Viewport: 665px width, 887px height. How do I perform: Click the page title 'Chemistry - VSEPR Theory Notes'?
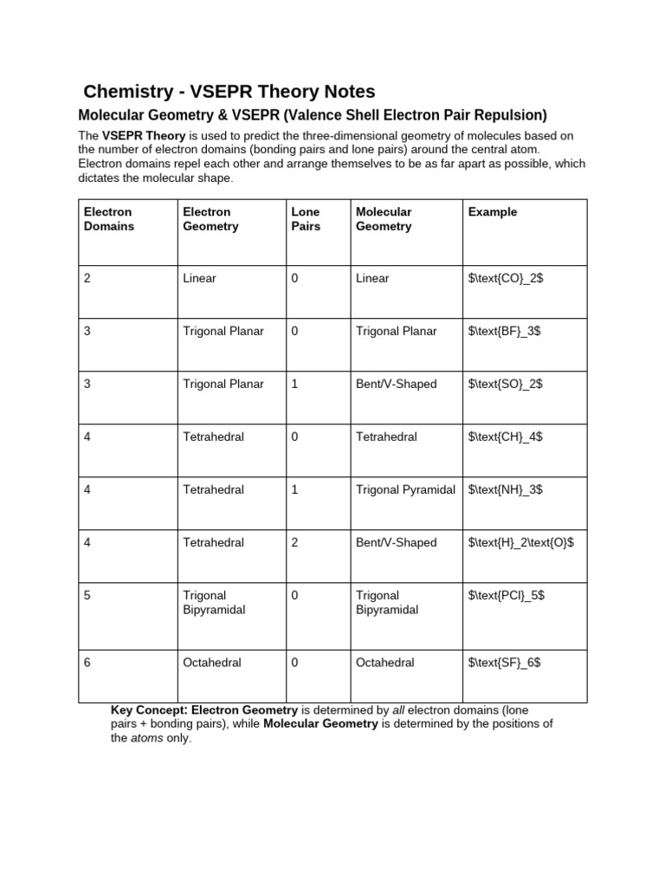[x=229, y=91]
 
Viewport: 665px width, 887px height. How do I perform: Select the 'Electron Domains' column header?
[x=108, y=219]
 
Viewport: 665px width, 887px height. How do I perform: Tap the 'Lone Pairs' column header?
[x=306, y=219]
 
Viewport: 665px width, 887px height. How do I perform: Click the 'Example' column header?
[x=492, y=212]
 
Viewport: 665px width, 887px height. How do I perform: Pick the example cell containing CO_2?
[x=506, y=279]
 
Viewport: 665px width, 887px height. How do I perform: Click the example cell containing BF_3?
[x=505, y=332]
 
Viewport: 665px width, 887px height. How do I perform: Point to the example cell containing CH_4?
[x=506, y=437]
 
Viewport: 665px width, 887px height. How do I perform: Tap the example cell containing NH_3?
[x=506, y=490]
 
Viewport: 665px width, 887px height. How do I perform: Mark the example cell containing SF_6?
[x=505, y=663]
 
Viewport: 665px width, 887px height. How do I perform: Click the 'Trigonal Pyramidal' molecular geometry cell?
[x=405, y=490]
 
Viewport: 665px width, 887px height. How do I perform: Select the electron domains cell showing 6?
[x=87, y=663]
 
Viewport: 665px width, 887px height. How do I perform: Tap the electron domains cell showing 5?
[x=87, y=596]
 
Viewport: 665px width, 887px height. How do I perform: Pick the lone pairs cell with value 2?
[x=295, y=543]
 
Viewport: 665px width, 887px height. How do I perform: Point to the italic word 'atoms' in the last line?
[x=146, y=738]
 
